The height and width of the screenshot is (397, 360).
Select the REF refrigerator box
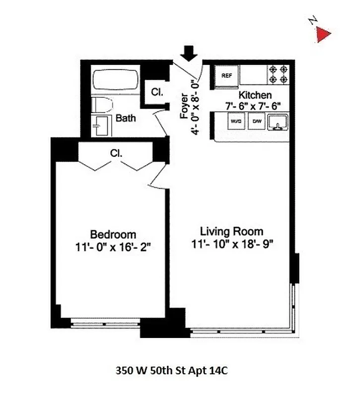pyautogui.click(x=227, y=76)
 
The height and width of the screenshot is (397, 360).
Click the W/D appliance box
pyautogui.click(x=235, y=121)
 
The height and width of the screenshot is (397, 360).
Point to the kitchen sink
pyautogui.click(x=278, y=121)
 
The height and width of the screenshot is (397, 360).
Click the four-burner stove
pyautogui.click(x=279, y=74)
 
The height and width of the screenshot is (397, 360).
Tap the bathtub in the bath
pyautogui.click(x=115, y=82)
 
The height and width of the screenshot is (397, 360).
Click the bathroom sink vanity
pyautogui.click(x=102, y=126)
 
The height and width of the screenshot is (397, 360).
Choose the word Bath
pyautogui.click(x=126, y=119)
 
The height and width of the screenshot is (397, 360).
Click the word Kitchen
pyautogui.click(x=255, y=95)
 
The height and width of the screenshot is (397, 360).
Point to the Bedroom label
pyautogui.click(x=113, y=234)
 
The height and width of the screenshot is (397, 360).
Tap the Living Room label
pyautogui.click(x=231, y=231)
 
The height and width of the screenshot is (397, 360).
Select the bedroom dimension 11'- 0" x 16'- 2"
pyautogui.click(x=113, y=246)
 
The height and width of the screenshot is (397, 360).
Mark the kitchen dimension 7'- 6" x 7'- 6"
pyautogui.click(x=253, y=105)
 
